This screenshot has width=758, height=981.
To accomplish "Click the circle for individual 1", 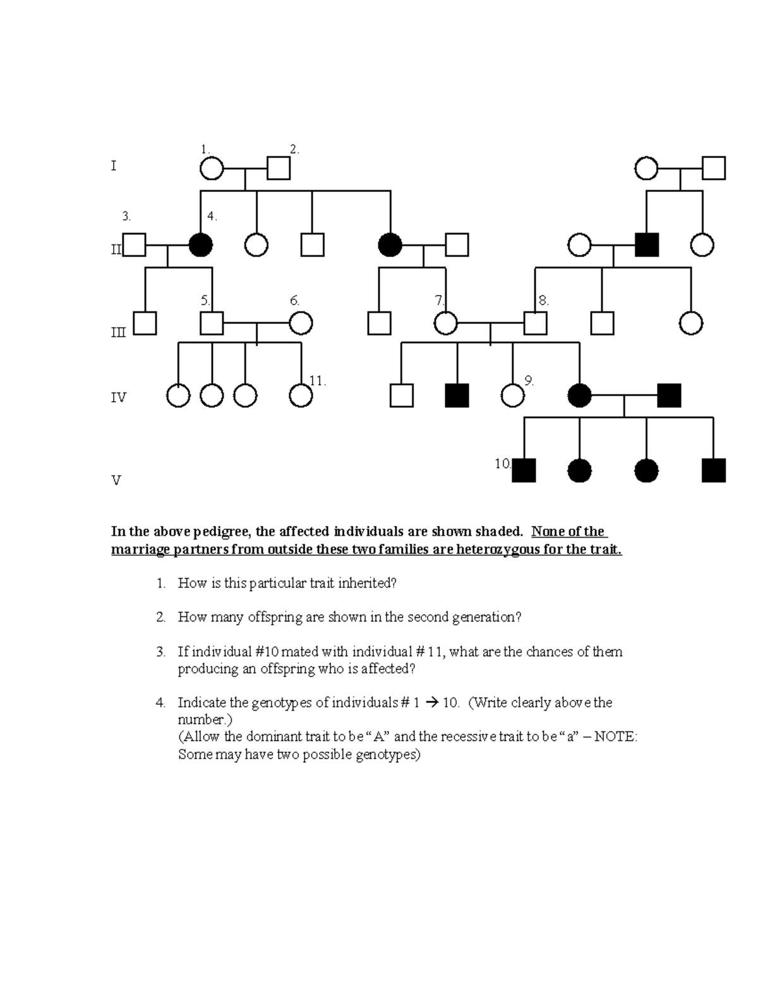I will click(x=212, y=169).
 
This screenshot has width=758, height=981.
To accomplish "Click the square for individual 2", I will click(x=279, y=169).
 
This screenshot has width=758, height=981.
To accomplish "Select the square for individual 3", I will click(x=134, y=244).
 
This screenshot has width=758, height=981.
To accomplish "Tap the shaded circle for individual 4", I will click(x=201, y=244).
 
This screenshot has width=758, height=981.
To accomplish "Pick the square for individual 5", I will click(x=212, y=323).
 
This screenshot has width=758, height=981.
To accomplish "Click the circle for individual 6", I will click(x=301, y=323).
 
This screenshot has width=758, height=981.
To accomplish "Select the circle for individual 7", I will click(x=446, y=323).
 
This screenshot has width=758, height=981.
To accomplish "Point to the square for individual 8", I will click(x=535, y=323).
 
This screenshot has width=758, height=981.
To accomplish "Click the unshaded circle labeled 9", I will click(x=512, y=395).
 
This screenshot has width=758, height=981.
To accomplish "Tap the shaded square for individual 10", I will click(x=524, y=471).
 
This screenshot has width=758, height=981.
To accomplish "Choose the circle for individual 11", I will click(x=301, y=395).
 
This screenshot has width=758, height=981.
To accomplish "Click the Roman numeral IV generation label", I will click(x=118, y=398).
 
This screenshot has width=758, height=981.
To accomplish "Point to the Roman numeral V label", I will click(x=116, y=481).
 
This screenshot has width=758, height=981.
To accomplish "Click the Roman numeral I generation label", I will click(x=114, y=166).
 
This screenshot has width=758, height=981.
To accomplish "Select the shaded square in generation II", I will click(x=646, y=244).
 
